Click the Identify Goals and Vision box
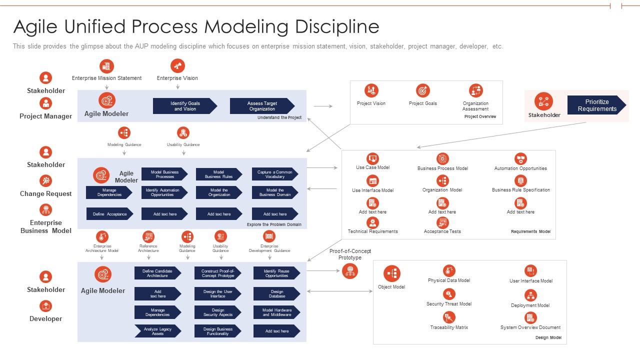click(184, 106)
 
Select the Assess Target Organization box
click(261, 106)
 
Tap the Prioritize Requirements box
click(596, 105)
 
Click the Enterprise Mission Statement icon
click(106, 66)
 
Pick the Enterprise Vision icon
click(177, 65)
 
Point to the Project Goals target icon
click(423, 90)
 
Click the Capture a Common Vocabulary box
click(274, 174)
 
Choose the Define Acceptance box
click(109, 214)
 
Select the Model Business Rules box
click(218, 174)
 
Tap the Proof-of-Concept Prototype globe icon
click(350, 271)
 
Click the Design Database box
click(276, 294)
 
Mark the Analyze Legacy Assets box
click(157, 331)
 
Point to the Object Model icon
click(391, 273)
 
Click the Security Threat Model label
click(449, 304)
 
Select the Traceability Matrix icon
click(449, 317)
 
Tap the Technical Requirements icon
click(372, 222)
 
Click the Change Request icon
click(45, 180)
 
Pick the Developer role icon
click(45, 305)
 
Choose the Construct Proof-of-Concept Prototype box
click(217, 273)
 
